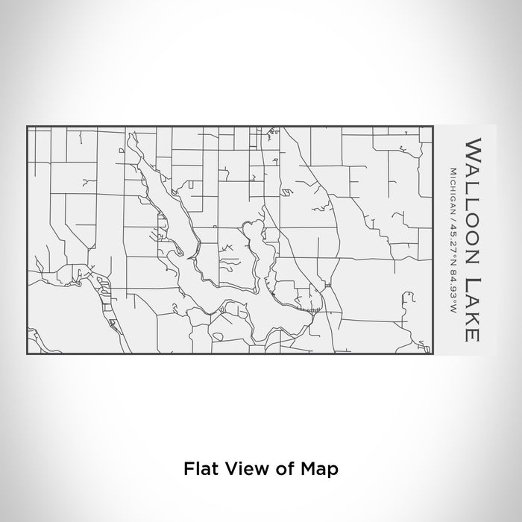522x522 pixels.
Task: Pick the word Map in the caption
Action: coord(321,470)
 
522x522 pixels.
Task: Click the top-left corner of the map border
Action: coord(28,127)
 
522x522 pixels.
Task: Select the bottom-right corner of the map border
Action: coord(433,353)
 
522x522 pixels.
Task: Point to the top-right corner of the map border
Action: coord(433,127)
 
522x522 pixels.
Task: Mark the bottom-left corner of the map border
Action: coord(28,353)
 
